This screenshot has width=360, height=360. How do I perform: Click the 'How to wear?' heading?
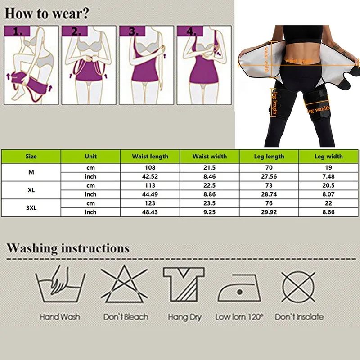coord(47,13)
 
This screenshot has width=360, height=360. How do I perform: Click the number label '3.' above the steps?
coord(133,31)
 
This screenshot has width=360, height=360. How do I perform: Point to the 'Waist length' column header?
coord(150,157)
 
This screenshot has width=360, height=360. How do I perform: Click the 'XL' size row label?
coord(31,190)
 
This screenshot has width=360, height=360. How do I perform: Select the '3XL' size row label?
coord(31,207)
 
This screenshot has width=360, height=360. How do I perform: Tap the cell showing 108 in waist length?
coord(150,168)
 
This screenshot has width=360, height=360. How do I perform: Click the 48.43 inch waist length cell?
coord(150,212)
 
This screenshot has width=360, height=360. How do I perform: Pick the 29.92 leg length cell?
coord(270,212)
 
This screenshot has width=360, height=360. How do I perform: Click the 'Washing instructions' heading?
coord(68,248)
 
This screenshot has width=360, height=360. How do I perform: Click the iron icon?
coord(239,288)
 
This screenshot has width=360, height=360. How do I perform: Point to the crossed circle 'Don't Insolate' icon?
coord(298,286)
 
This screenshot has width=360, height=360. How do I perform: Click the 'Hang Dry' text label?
coord(184,317)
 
